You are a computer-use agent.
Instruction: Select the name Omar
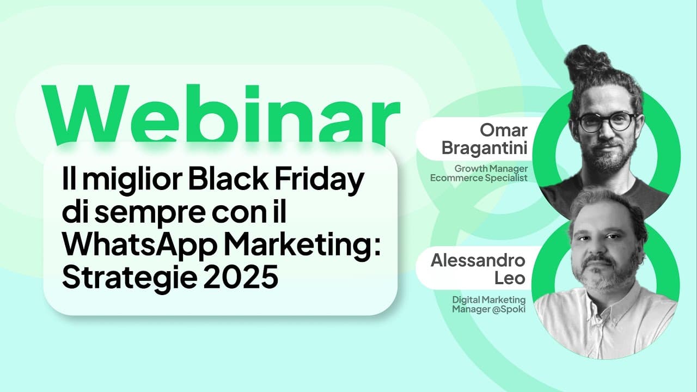click(503, 130)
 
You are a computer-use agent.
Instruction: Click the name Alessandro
click(478, 260)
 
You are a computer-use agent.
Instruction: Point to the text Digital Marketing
click(489, 299)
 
